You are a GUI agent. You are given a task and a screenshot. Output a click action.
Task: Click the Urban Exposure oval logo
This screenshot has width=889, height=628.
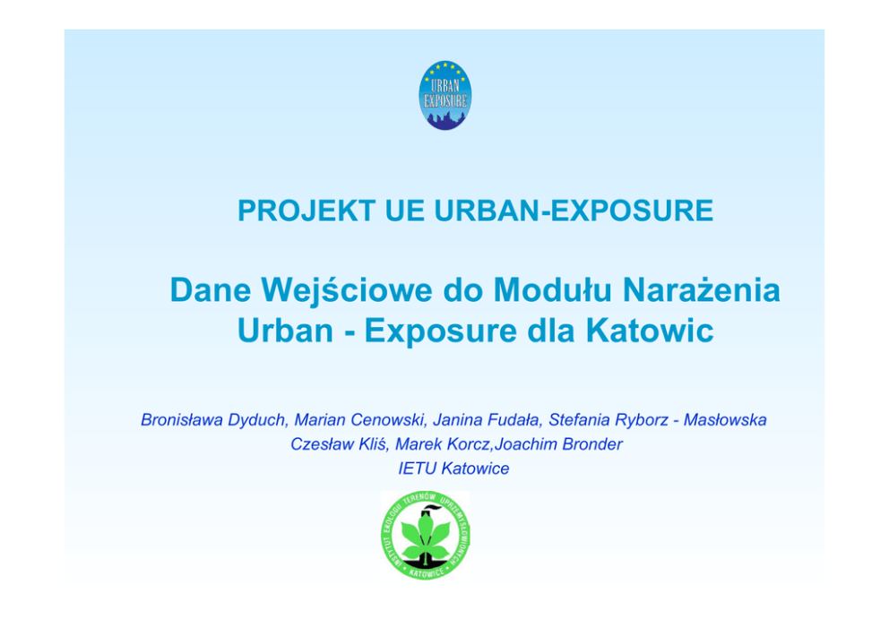click(x=445, y=95)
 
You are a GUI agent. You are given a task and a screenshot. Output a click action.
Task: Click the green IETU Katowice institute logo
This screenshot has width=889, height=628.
click(x=425, y=535)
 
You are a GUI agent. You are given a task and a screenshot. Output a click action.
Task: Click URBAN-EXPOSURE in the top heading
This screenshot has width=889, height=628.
click(x=574, y=211)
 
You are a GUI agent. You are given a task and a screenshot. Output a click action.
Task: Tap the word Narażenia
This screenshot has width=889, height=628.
click(x=702, y=289)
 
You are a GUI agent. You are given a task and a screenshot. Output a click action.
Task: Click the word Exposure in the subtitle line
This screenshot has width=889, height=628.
click(x=441, y=331)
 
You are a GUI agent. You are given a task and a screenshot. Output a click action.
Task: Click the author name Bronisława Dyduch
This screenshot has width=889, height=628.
click(x=213, y=420)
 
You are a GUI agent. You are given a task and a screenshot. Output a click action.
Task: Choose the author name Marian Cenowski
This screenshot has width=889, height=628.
click(x=359, y=420)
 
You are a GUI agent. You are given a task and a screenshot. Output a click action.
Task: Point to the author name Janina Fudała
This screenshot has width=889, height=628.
click(x=486, y=420)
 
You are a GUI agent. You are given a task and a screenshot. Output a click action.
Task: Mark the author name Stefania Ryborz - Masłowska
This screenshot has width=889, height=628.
click(x=658, y=420)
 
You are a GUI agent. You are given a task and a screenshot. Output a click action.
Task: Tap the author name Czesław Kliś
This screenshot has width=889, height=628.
click(x=339, y=444)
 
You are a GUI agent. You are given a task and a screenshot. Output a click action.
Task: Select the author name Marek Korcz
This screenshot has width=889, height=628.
click(x=442, y=444)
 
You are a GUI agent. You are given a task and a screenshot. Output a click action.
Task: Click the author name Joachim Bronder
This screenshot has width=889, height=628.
click(x=558, y=444)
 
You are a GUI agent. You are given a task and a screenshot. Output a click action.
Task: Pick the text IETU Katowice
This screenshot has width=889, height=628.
click(x=453, y=469)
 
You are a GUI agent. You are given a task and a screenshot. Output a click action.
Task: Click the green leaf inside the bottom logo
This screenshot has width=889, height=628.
click(x=425, y=537)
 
